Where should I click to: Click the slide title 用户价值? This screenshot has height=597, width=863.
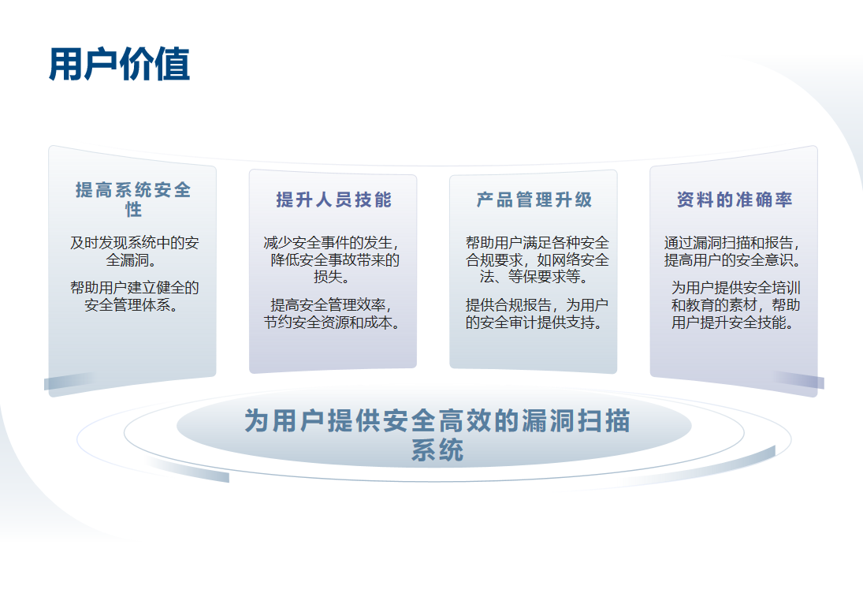coord(120,65)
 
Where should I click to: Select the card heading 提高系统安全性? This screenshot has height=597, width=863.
coord(133,200)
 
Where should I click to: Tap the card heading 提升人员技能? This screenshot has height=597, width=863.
coord(333,200)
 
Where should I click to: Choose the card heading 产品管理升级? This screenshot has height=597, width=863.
coord(534,200)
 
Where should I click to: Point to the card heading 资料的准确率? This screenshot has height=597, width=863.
coord(735,200)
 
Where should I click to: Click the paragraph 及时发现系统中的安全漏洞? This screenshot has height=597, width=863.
coord(134,251)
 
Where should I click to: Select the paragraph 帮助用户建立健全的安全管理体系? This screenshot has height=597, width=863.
coord(134,297)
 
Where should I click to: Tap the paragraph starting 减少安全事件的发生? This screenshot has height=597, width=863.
coord(332,259)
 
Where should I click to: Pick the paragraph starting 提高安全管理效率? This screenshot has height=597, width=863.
coord(332,313)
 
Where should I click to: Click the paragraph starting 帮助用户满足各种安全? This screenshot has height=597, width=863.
coord(537,259)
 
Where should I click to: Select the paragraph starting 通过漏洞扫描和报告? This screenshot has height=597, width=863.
coord(732,251)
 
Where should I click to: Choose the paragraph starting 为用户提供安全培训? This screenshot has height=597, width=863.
coord(735,304)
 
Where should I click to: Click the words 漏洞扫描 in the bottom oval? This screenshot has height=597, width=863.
coord(575,421)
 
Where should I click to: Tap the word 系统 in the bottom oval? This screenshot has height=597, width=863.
coord(437,450)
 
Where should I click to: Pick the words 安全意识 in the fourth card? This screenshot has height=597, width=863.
coord(765,259)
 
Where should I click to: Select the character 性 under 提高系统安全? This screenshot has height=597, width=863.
coord(133,209)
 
